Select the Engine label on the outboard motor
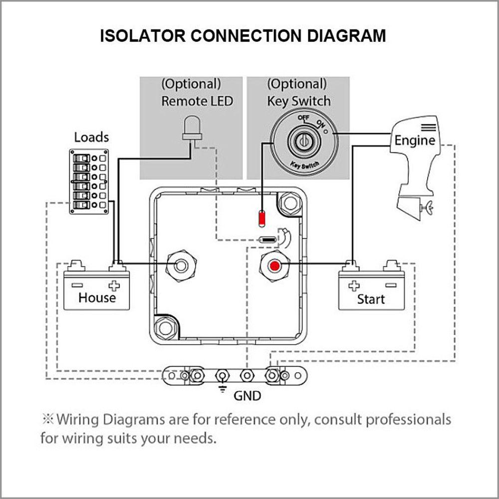click(415, 140)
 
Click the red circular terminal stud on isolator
click(274, 265)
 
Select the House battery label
click(97, 298)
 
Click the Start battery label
click(371, 299)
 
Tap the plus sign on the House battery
click(114, 286)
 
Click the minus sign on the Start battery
click(390, 286)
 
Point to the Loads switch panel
click(88, 182)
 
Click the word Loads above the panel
click(91, 137)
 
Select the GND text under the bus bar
click(248, 396)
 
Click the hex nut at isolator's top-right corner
click(289, 202)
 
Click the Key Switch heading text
click(298, 101)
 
